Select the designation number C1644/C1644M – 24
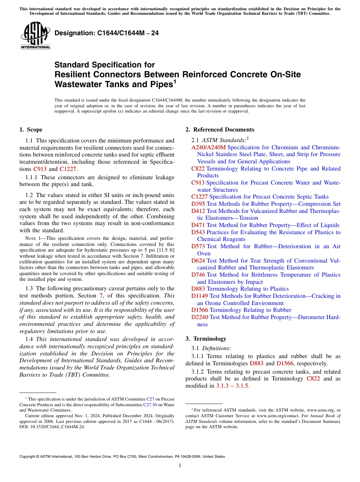tap(106, 33)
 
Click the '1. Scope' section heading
tap(31, 130)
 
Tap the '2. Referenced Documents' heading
tap(220, 130)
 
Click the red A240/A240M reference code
tap(208, 147)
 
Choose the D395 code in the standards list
tap(198, 204)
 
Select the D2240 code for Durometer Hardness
tap(200, 317)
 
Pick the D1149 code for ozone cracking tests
tap(200, 296)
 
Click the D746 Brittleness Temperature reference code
tap(198, 275)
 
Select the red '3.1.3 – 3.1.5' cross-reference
tap(232, 386)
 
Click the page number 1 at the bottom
tap(180, 466)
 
